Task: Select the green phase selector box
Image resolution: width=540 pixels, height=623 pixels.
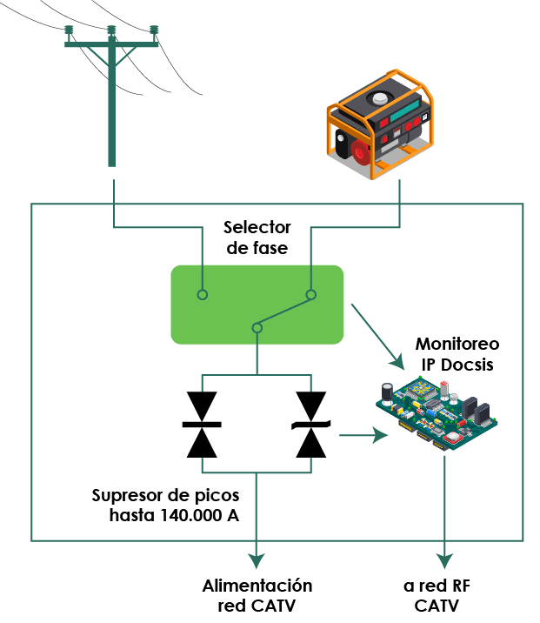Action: [257, 304]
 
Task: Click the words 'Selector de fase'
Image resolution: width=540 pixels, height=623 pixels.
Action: [257, 238]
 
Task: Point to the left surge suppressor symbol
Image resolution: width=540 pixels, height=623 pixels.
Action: [202, 423]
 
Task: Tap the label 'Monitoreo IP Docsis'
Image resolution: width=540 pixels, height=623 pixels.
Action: [454, 355]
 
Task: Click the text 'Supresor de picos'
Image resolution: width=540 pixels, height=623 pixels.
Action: [165, 496]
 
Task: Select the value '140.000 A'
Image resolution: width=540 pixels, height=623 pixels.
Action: [199, 514]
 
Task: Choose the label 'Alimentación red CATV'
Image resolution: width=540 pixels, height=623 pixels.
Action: [257, 595]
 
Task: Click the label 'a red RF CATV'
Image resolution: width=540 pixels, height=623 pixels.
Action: [446, 595]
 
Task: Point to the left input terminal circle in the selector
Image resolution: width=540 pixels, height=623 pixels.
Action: [202, 295]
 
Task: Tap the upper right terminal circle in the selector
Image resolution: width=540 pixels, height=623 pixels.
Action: [310, 295]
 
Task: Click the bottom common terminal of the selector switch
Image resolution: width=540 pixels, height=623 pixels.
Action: [256, 328]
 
